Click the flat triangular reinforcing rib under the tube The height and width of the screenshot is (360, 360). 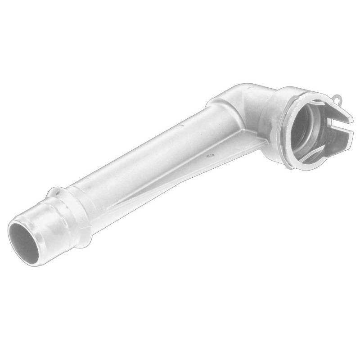point(189,175)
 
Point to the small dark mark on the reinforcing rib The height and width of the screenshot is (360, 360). point(210,155)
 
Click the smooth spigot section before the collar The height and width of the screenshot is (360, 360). point(45,225)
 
